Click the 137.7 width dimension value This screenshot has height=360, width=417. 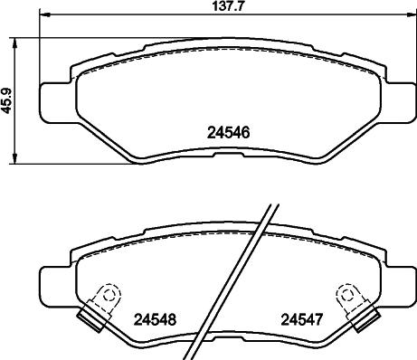pos(209,6)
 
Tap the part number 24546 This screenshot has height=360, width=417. pos(223,131)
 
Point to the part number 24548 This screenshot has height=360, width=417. pos(154,318)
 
